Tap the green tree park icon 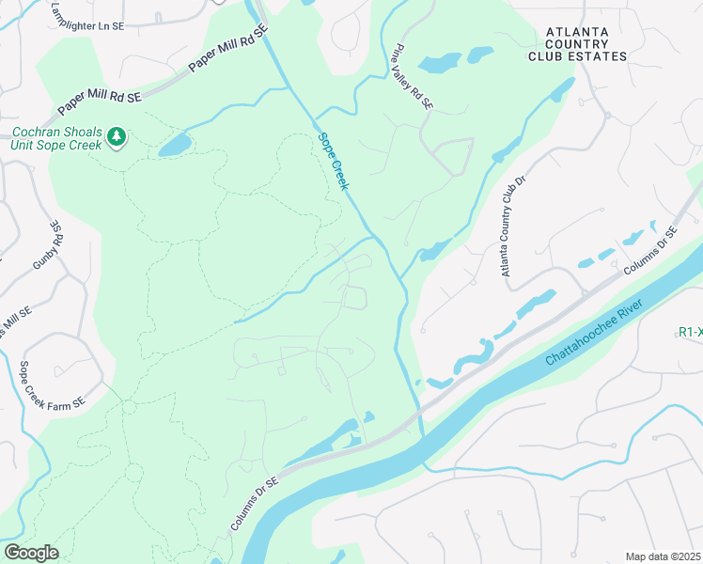(x=117, y=137)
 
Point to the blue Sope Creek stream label (x=334, y=162)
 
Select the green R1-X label (x=690, y=332)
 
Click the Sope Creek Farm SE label (x=53, y=384)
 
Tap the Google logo (x=31, y=552)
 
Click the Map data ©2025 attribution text (x=664, y=556)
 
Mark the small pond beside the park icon (x=174, y=144)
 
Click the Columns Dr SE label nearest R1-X (x=650, y=250)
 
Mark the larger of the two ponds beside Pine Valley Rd (x=439, y=63)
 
